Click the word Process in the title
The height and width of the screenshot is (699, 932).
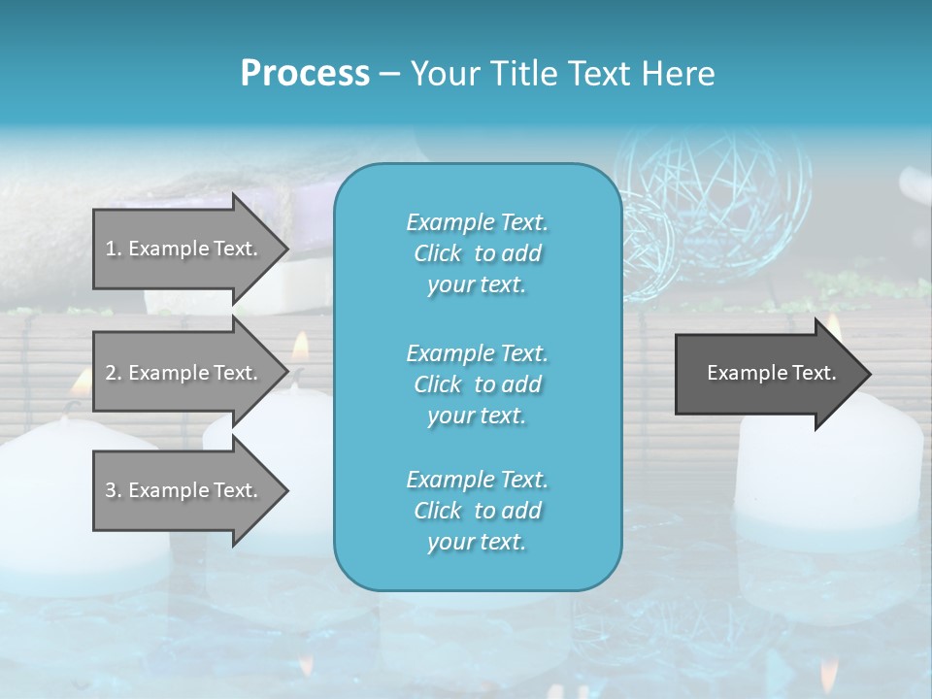[x=305, y=73]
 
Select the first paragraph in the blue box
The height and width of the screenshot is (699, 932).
[x=477, y=253]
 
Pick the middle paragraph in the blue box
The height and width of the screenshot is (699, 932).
[x=477, y=384]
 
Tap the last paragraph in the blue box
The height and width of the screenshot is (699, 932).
[x=477, y=511]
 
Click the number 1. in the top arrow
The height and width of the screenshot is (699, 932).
[x=114, y=249]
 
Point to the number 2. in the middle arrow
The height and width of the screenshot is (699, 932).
[x=114, y=373]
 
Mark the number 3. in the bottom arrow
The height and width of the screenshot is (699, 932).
[x=114, y=490]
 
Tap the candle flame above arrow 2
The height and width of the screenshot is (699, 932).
[x=300, y=345]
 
